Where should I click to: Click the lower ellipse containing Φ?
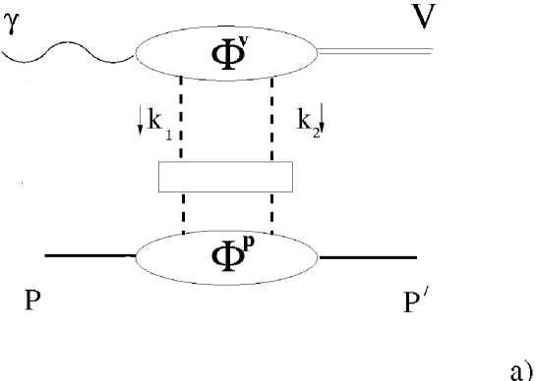tap(226, 256)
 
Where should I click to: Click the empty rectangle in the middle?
tap(225, 176)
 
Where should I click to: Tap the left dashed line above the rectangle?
tap(183, 118)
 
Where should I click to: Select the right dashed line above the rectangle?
tap(270, 118)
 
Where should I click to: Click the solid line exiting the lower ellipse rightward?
tap(368, 258)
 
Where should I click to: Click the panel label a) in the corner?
tap(520, 368)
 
